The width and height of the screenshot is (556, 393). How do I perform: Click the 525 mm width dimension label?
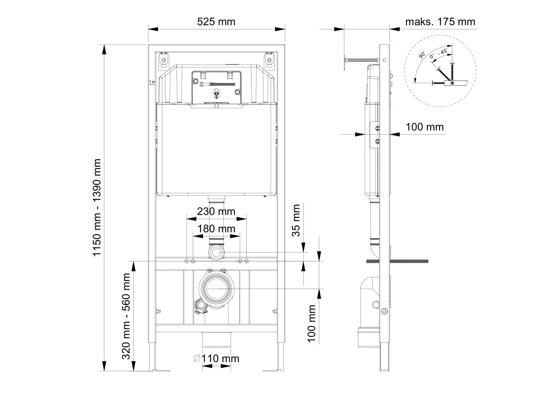click(x=216, y=22)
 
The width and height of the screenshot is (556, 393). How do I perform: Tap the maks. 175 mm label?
click(x=440, y=22)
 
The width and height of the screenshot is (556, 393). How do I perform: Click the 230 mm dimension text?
click(x=216, y=211)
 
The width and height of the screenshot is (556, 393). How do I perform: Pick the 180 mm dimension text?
click(x=216, y=229)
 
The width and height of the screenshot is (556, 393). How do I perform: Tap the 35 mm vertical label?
click(x=296, y=220)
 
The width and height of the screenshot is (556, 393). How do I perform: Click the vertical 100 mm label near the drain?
click(x=311, y=324)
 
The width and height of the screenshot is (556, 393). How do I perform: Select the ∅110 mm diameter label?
click(x=216, y=358)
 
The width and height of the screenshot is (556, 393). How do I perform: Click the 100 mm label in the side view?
click(x=424, y=127)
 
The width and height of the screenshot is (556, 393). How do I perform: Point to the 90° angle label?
click(x=422, y=55)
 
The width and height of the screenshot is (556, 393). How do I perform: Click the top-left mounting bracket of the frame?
click(x=163, y=60)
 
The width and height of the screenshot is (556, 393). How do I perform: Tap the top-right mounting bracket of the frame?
click(x=269, y=60)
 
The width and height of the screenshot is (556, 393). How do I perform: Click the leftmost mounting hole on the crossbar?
click(x=187, y=261)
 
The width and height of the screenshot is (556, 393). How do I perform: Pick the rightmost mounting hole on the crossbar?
click(x=246, y=261)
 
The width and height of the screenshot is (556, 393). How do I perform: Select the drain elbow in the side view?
click(x=369, y=288)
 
